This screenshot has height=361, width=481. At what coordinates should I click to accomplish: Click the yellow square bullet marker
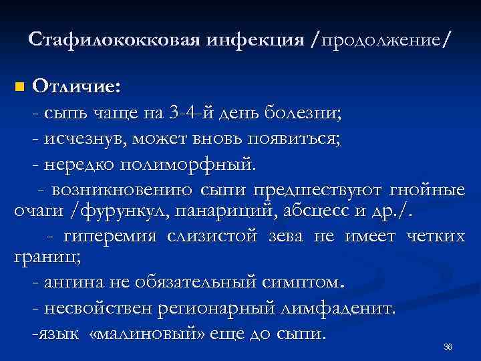pos(19,88)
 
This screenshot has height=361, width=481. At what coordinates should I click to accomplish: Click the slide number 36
pos(448,347)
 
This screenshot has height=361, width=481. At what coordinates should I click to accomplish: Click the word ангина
pos(67,283)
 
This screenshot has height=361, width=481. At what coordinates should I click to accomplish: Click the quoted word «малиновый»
pos(144,333)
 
